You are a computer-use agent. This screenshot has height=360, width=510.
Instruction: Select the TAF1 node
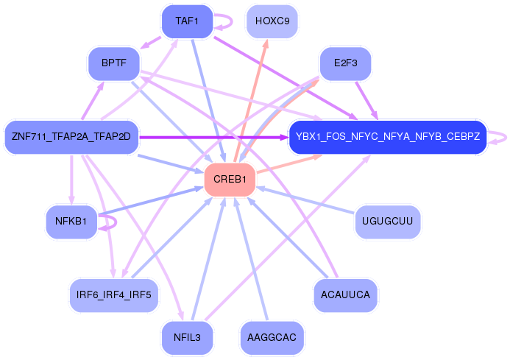187,21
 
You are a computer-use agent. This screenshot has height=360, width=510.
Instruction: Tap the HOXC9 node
272,21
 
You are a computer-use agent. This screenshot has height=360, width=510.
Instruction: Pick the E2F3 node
344,64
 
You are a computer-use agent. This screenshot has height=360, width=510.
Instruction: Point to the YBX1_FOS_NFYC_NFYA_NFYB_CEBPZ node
387,137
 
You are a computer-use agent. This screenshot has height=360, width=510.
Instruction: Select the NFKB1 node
71,221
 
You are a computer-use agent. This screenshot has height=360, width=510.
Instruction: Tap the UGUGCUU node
387,221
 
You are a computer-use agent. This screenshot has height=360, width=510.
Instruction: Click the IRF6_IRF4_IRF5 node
113,294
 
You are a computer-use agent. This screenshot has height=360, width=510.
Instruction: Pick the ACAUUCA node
344,294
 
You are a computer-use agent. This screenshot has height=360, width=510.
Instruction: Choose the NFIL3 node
187,337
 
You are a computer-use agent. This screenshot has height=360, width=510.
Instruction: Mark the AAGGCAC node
272,337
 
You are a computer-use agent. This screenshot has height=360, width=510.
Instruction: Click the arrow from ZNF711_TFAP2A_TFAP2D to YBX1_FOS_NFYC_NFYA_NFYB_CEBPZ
213,137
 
